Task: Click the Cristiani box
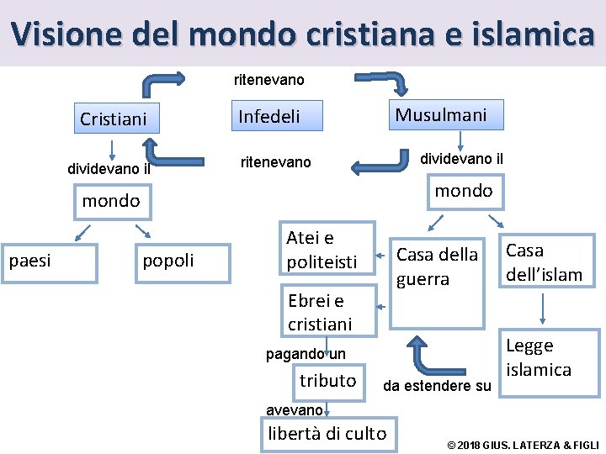114,119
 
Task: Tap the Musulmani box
441,115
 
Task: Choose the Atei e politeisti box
324,250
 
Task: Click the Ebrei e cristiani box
324,311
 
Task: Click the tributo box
328,381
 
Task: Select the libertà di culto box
327,434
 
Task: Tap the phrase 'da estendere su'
437,387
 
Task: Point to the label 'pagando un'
306,354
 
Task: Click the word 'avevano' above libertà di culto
294,409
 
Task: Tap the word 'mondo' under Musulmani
463,191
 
